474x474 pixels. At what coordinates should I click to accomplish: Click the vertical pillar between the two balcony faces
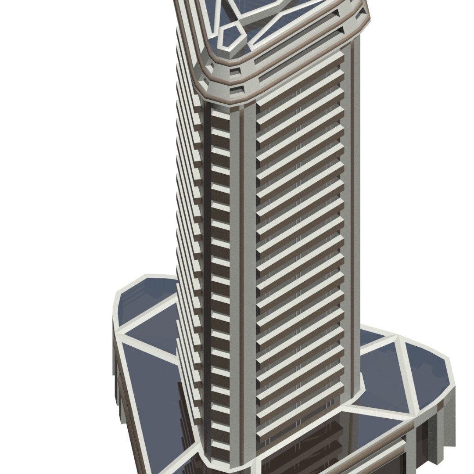tap(246, 263)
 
